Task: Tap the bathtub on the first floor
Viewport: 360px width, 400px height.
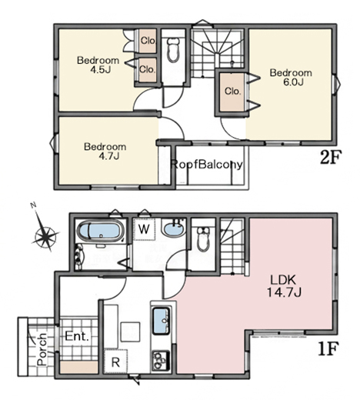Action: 100,232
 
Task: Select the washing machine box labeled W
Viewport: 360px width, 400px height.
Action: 145,229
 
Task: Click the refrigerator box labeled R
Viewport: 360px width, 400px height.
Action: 116,362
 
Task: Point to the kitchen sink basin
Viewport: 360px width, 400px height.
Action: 162,321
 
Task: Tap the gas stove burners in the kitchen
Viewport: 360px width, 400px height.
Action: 161,360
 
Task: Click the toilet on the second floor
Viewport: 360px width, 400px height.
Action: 173,50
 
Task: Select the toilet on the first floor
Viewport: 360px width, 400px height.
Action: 204,238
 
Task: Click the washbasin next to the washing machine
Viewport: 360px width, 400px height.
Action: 174,228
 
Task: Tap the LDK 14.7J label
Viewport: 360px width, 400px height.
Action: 284,286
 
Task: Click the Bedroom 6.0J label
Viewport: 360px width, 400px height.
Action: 291,78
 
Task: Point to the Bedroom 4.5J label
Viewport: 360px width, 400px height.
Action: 98,65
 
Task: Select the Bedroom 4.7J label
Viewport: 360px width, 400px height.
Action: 105,152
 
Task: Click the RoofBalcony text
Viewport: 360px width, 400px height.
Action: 206,165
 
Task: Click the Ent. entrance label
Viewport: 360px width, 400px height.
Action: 77,336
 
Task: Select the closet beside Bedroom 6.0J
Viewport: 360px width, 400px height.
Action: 232,92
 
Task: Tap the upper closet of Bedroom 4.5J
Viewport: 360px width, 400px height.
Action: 148,41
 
